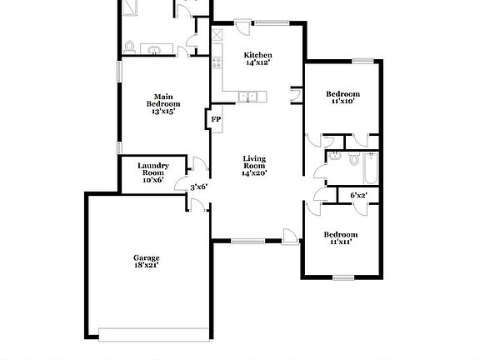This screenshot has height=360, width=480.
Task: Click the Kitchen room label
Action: [x=257, y=59]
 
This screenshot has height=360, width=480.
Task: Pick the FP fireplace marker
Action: [x=215, y=119]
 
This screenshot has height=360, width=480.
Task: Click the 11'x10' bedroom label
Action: [x=342, y=97]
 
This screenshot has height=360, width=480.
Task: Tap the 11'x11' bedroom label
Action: [x=340, y=238]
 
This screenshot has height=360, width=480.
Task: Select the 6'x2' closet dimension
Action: [x=358, y=196]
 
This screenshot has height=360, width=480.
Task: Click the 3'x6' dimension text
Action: [x=198, y=187]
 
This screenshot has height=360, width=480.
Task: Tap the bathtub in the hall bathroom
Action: [x=370, y=169]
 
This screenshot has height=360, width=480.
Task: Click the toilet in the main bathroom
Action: [x=130, y=46]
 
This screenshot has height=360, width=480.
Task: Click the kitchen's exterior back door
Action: [x=242, y=26]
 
